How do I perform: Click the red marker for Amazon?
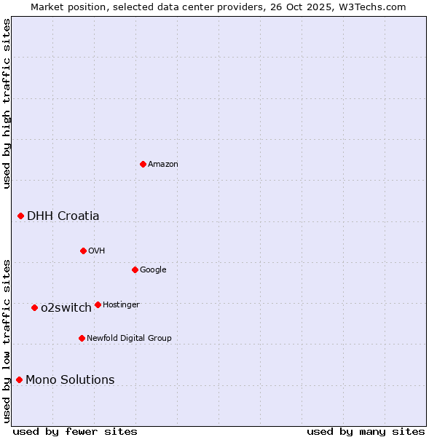click(x=143, y=164)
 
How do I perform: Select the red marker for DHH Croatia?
click(x=20, y=216)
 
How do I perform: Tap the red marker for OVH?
click(x=83, y=251)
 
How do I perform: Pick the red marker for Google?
click(x=135, y=269)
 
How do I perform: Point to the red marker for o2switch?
click(x=34, y=307)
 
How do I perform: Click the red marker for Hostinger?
click(x=98, y=304)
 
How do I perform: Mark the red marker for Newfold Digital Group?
click(x=82, y=338)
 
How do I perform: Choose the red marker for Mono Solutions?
click(x=19, y=379)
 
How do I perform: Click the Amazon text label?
click(x=163, y=165)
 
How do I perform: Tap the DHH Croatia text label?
click(x=63, y=216)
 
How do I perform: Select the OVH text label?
click(x=97, y=251)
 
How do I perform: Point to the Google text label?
click(x=153, y=270)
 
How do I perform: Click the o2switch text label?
click(x=66, y=308)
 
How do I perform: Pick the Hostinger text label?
click(x=121, y=305)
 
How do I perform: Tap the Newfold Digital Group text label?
click(x=129, y=339)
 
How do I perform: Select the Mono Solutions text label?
click(x=70, y=380)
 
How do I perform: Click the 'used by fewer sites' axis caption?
click(x=75, y=432)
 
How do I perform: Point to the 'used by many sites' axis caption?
click(x=366, y=432)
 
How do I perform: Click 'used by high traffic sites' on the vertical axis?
click(x=7, y=103)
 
